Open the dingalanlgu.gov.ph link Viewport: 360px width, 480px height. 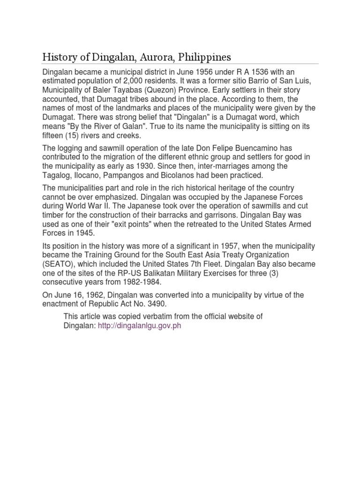coord(139,326)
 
